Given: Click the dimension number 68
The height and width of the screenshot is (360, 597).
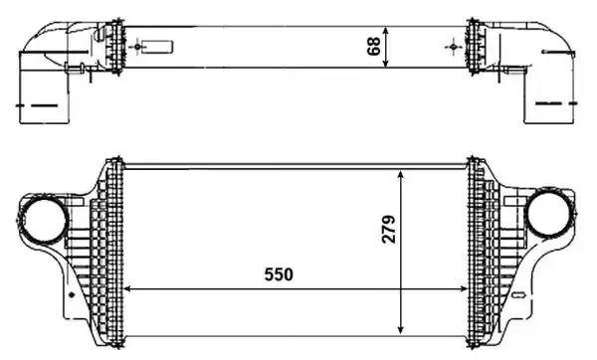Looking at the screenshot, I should tap(375, 46).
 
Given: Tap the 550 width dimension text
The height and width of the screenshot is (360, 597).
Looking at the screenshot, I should tap(279, 273).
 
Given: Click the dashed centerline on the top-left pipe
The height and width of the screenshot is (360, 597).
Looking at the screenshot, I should tap(40, 103).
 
